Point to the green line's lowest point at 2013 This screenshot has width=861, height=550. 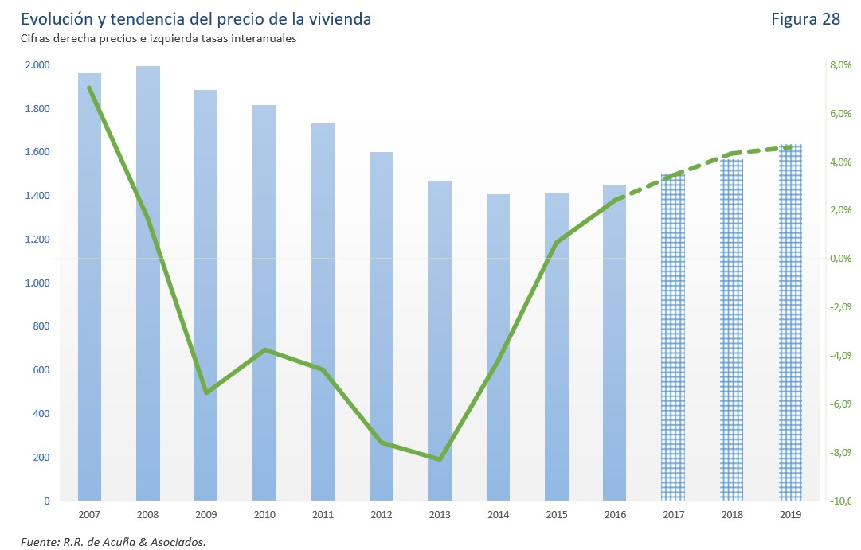(x=440, y=459)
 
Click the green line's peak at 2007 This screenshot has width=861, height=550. (x=89, y=88)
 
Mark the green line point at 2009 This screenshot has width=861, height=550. (x=206, y=392)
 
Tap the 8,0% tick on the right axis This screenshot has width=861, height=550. (x=840, y=65)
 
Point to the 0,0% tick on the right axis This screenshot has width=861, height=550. (x=840, y=259)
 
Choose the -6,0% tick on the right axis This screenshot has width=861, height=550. (x=840, y=404)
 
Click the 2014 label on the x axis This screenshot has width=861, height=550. (x=498, y=515)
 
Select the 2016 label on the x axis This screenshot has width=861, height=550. (x=614, y=515)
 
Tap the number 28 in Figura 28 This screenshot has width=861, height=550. (x=831, y=19)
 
